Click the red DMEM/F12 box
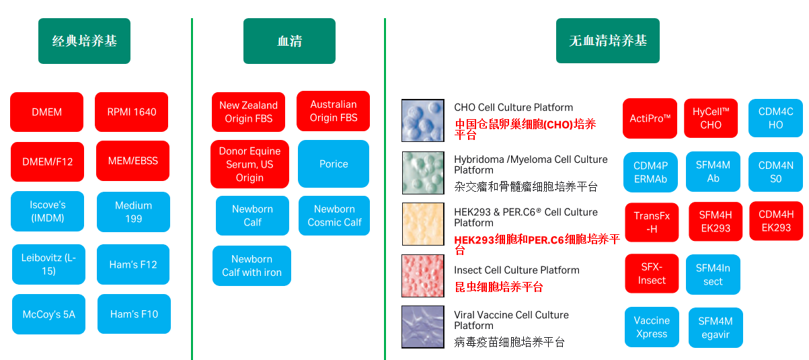coord(47,161)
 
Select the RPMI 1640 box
coord(131,112)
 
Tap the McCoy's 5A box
coord(48,314)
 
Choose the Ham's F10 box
coord(134,314)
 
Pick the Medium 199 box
coord(133,212)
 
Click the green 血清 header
coord(289,41)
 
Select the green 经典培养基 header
coord(84,41)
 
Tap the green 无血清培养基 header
coord(607,41)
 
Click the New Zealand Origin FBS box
coord(248,112)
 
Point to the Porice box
coord(334,164)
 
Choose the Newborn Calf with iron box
coord(252,266)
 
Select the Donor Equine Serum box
coord(249,164)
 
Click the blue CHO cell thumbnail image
coord(423,120)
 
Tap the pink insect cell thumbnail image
coord(423,276)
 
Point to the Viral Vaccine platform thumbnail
coord(423,327)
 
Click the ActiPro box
coord(650,118)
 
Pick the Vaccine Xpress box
coord(651,327)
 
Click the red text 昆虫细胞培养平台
coord(498,287)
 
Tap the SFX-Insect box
coord(651,274)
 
